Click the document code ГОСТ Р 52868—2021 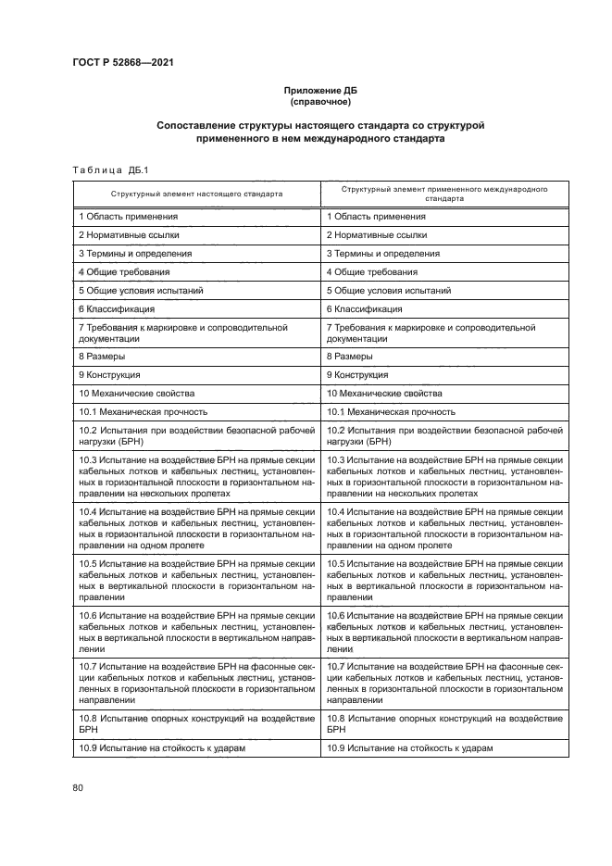pyautogui.click(x=122, y=63)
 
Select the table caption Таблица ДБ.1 pyautogui.click(x=103, y=168)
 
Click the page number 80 pyautogui.click(x=77, y=787)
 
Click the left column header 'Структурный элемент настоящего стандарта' pyautogui.click(x=196, y=195)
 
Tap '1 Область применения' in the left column pyautogui.click(x=128, y=217)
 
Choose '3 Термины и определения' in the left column pyautogui.click(x=135, y=253)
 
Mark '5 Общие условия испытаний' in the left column pyautogui.click(x=141, y=290)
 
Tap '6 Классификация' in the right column pyautogui.click(x=364, y=308)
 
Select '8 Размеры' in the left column pyautogui.click(x=102, y=356)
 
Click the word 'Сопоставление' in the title pyautogui.click(x=197, y=124)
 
